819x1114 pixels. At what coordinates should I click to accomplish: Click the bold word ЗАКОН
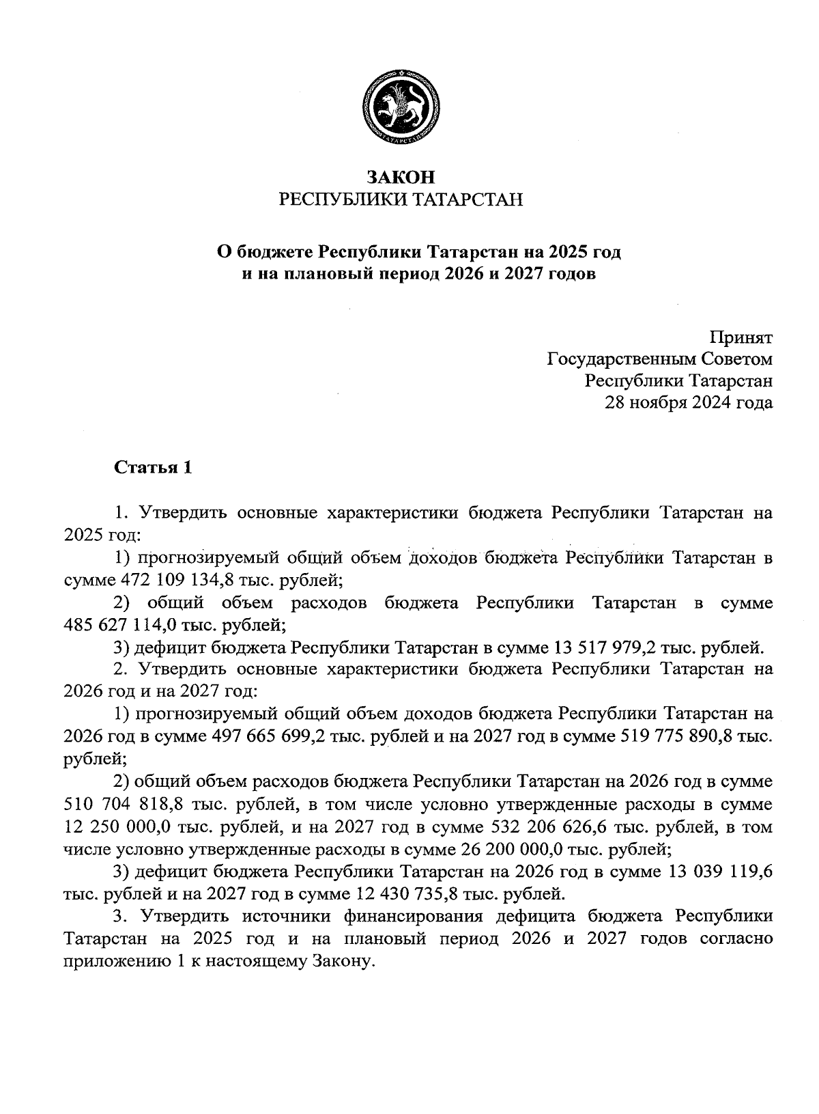401,177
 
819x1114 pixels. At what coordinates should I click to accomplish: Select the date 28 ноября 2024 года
689,402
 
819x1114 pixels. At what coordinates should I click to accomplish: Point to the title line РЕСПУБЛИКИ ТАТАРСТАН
401,199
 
